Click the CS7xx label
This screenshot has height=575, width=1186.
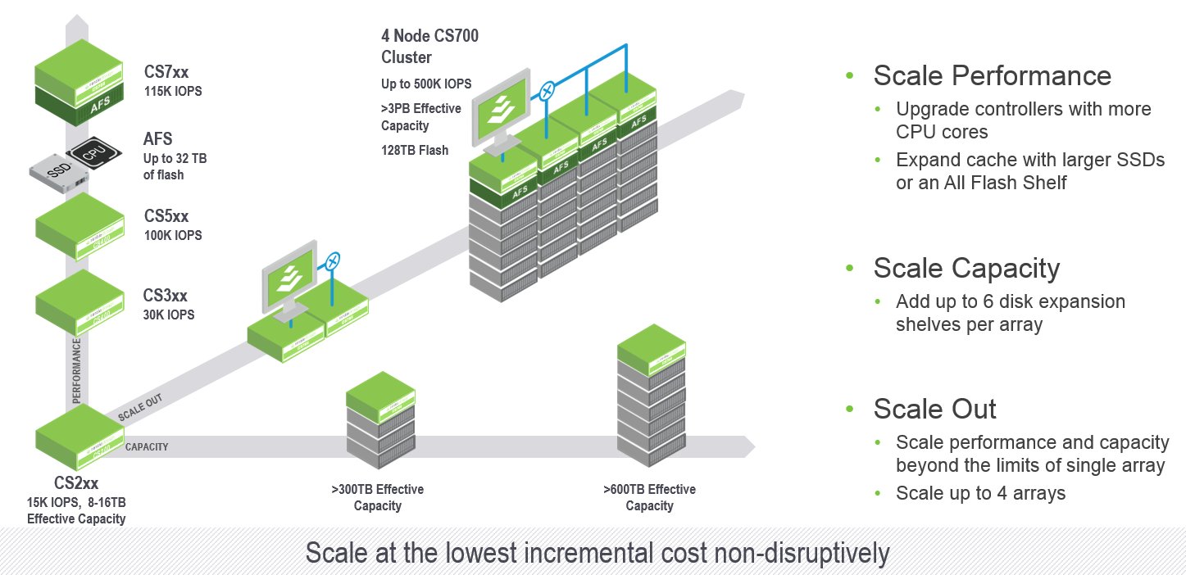[x=166, y=73]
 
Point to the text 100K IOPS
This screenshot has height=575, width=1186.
[x=173, y=235]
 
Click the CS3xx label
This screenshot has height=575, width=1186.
[x=166, y=296]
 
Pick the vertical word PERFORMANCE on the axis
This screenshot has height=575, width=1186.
[x=77, y=371]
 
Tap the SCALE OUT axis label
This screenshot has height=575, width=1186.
[x=140, y=407]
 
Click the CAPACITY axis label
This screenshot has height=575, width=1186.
[x=147, y=447]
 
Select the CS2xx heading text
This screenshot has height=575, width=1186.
[x=76, y=483]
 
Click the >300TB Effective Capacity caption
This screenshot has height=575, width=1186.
[x=378, y=497]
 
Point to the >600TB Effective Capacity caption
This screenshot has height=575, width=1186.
[x=649, y=497]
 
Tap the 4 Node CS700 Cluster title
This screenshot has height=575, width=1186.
[x=429, y=47]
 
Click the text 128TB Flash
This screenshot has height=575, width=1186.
[x=415, y=151]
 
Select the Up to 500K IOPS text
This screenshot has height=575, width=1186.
[x=426, y=84]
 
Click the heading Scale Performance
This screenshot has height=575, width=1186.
[x=992, y=75]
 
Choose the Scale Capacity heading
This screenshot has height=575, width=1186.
[x=966, y=268]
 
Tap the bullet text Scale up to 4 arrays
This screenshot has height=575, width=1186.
[x=980, y=493]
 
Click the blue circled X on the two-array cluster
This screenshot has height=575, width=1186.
[x=332, y=262]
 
